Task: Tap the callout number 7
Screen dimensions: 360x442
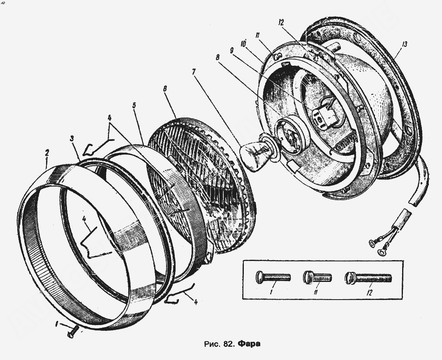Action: coord(193,72)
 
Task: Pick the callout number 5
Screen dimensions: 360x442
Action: coord(134,105)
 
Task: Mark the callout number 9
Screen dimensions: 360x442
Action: coord(232,50)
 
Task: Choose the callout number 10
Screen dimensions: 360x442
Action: coord(244,43)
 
